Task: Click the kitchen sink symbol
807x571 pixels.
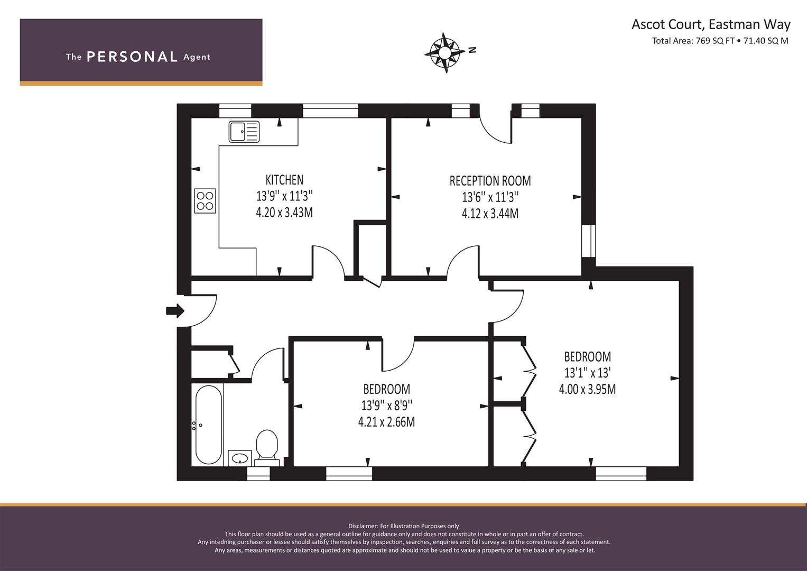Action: click(x=244, y=131)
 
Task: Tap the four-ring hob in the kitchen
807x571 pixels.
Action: click(x=205, y=201)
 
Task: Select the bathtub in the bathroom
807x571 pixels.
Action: click(x=209, y=425)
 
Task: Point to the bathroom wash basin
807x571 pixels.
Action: click(x=239, y=458)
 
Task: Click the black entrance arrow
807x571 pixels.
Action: click(x=175, y=310)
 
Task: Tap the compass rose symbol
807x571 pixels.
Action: click(x=445, y=53)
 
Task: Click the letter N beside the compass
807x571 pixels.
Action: click(x=472, y=50)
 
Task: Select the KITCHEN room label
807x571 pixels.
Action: click(x=284, y=180)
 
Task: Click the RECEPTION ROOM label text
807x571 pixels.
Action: click(x=490, y=181)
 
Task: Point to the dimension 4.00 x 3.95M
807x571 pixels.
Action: click(x=587, y=389)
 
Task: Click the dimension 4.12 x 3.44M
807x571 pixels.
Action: click(x=490, y=214)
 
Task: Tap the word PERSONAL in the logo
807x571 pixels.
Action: click(x=132, y=57)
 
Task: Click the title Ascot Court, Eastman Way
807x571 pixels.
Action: click(x=711, y=24)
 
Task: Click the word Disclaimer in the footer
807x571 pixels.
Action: click(x=363, y=526)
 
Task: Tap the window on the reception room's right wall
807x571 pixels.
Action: click(x=589, y=241)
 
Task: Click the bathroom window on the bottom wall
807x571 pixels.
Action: click(x=258, y=474)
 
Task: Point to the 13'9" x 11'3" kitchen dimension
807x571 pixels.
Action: click(x=284, y=197)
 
